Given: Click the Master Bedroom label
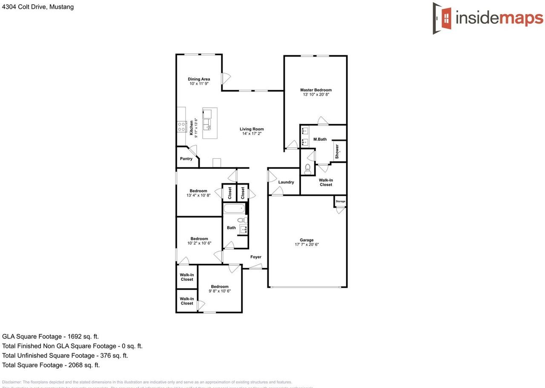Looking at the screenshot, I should [x=316, y=90].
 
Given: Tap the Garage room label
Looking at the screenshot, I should [x=307, y=240].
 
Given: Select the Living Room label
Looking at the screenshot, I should [x=252, y=129].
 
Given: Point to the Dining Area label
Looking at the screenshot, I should [x=199, y=79].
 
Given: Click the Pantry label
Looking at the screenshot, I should [x=186, y=159].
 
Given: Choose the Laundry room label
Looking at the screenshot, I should [x=286, y=182].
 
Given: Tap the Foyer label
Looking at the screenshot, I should [x=255, y=257].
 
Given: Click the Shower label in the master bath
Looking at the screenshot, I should [x=337, y=151].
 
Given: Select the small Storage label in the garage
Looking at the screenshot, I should [x=340, y=201].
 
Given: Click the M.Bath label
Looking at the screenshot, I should [x=320, y=139].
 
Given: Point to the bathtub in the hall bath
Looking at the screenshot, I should [x=234, y=208].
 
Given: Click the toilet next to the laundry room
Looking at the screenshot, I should [x=307, y=169].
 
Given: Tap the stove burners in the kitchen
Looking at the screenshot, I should [x=181, y=126].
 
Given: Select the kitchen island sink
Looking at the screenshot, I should [x=207, y=124].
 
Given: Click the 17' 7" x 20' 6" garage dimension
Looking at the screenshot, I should [x=307, y=245].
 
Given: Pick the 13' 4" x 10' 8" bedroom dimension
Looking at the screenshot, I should [x=198, y=195].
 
